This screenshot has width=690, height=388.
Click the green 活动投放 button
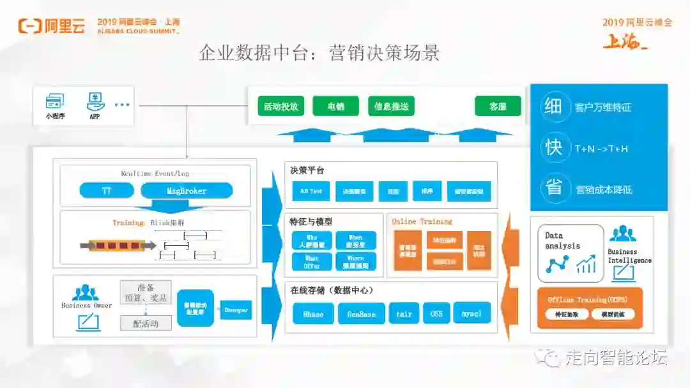point(281,107)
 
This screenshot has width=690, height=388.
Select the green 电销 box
point(335,107)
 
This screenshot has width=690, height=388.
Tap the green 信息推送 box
point(391,107)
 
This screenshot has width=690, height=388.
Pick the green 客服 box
point(498,107)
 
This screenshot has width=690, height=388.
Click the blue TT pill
point(107,190)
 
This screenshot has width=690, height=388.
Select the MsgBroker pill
point(187,190)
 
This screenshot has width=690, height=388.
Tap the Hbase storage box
point(313,313)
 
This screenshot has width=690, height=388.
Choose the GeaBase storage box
point(361,313)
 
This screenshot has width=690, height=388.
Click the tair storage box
point(404,313)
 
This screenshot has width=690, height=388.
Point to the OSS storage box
point(436,313)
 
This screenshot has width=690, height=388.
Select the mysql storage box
point(471,313)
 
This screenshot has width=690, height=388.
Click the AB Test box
point(311,191)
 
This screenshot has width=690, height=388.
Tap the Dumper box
point(236,310)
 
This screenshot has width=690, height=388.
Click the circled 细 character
point(553,107)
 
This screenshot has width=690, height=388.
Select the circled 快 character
point(553,148)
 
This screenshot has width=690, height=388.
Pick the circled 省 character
point(553,189)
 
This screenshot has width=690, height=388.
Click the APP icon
point(95,101)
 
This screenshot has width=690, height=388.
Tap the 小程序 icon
point(55,101)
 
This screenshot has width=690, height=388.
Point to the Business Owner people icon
point(86,293)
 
